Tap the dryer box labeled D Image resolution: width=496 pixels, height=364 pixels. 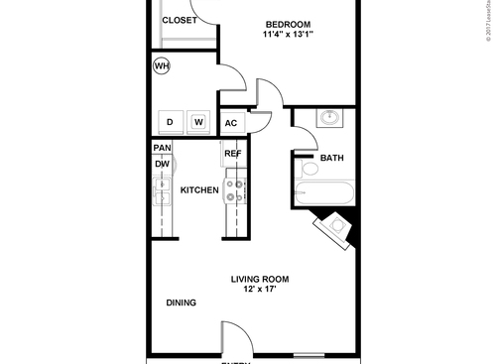click(170, 122)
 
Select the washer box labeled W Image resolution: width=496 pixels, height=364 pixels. click(198, 122)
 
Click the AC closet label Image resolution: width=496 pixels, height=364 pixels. click(230, 123)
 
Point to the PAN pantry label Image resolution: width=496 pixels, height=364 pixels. click(162, 148)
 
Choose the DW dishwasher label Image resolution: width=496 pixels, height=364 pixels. click(161, 165)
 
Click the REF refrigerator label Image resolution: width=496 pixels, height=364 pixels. click(233, 154)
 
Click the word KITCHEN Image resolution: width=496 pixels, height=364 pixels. click(198, 189)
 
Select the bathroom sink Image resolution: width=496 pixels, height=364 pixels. click(329, 120)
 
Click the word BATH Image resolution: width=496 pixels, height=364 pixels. click(331, 158)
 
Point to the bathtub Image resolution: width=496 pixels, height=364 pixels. click(324, 191)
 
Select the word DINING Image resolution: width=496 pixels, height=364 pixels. click(181, 303)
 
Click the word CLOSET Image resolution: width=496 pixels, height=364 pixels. click(179, 20)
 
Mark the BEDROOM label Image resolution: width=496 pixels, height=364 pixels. click(289, 24)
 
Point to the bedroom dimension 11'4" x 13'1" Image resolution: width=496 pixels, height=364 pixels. click(289, 37)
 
